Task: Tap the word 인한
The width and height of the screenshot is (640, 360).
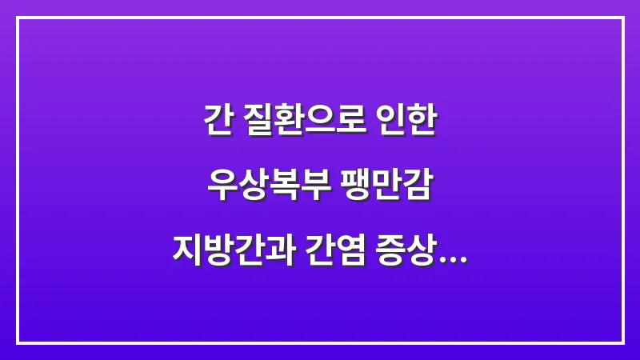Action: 408,121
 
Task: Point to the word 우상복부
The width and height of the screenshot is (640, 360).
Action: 262,185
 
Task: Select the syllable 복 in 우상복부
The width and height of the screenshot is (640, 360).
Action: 277,185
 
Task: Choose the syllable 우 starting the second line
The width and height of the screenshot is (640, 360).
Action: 218,185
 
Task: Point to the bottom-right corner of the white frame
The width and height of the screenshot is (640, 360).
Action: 622,342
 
